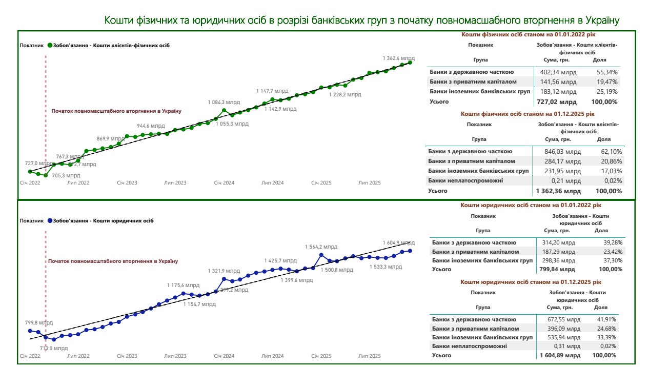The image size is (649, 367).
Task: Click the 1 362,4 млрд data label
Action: (398, 58)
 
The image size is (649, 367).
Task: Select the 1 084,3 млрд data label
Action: (224, 102)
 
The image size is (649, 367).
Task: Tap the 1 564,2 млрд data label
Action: (321, 247)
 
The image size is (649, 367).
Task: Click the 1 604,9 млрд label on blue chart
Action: (398, 242)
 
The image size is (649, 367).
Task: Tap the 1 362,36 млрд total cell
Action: (559, 191)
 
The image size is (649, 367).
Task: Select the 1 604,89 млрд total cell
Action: (559, 355)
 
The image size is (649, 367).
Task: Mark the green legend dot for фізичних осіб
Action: (50, 45)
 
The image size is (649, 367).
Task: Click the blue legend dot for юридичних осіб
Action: (50, 220)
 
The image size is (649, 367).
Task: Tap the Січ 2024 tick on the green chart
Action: (224, 182)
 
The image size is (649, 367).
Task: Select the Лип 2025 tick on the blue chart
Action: (369, 356)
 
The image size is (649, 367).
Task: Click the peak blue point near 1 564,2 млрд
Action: (321, 254)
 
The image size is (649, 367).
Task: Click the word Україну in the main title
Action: (599, 21)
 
